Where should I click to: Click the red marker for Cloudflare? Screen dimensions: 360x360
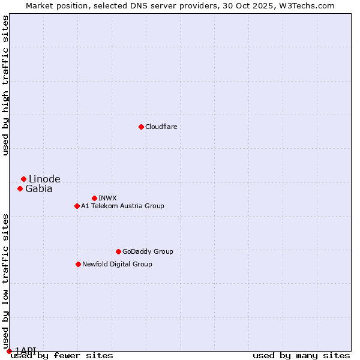point(141,127)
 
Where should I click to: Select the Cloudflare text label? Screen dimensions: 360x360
point(161,127)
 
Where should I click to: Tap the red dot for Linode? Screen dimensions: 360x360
point(23,179)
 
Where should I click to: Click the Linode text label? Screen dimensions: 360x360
point(44,179)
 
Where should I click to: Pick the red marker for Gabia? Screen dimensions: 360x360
point(20,188)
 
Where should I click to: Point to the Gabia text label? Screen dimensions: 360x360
point(38,188)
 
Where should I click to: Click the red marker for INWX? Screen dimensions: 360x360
point(94,198)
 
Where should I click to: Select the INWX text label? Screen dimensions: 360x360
point(107,198)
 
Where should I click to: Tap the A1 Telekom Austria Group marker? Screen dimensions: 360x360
point(77,206)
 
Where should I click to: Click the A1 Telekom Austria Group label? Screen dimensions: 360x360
point(122,206)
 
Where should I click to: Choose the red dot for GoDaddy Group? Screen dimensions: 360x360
point(118,251)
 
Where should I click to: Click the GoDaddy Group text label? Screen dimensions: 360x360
point(147,251)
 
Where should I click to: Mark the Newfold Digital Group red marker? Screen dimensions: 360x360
point(78,264)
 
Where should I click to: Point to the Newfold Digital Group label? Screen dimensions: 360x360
point(117,264)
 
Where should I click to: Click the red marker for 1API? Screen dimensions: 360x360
point(9,351)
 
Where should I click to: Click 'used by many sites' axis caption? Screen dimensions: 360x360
point(301,356)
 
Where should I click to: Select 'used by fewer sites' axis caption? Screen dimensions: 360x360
point(62,356)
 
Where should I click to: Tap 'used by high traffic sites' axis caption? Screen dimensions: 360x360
point(5,85)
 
